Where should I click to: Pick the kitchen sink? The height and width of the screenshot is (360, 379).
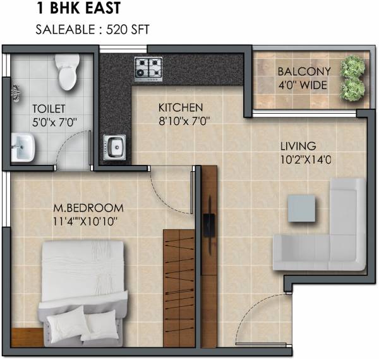tap(115, 148)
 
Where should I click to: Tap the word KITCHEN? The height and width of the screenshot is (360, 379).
tap(180, 107)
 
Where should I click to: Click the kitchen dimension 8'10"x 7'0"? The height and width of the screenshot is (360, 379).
tap(184, 120)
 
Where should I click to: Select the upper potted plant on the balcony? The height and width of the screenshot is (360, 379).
tap(353, 66)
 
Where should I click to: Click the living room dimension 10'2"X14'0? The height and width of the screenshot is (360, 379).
tap(306, 160)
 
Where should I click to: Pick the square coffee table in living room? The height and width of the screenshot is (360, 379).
tap(301, 208)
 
